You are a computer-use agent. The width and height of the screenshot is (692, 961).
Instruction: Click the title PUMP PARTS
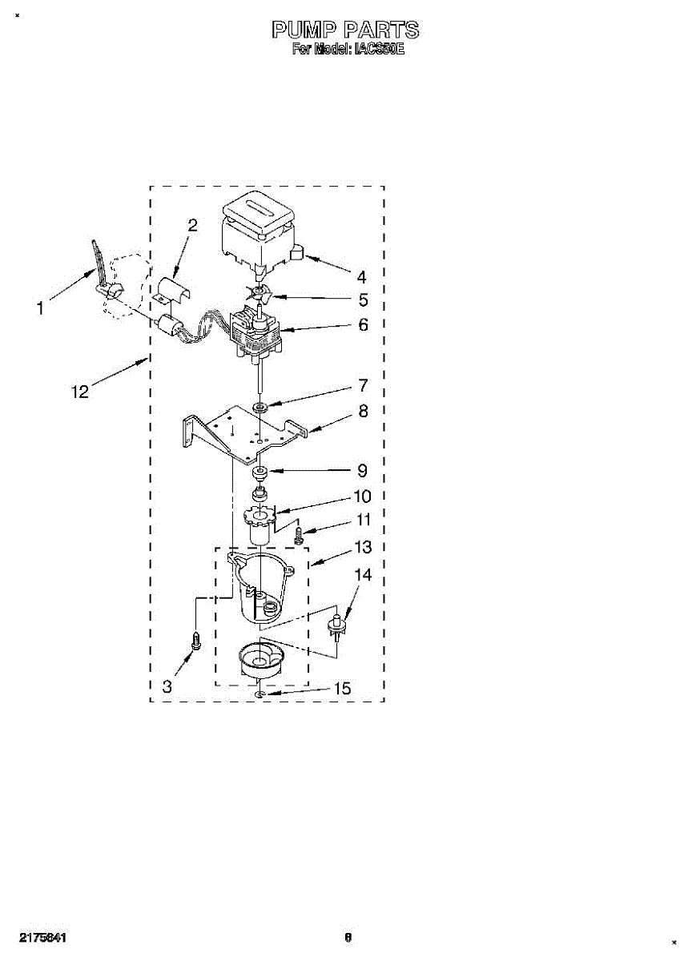coord(345,30)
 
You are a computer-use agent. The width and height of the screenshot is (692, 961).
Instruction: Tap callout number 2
coord(191,225)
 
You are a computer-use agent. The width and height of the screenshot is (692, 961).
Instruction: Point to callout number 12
coord(81,391)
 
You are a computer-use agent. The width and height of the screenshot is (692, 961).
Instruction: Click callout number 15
coord(342,689)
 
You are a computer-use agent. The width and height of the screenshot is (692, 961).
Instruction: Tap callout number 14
coord(363,575)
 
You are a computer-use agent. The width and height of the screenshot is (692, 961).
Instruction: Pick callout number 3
coord(167,686)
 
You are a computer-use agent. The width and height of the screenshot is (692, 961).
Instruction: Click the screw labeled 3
coord(195,641)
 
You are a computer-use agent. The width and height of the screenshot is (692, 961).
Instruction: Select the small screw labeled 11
coord(300,534)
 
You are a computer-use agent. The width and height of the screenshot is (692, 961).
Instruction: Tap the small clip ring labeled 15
coord(260,695)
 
